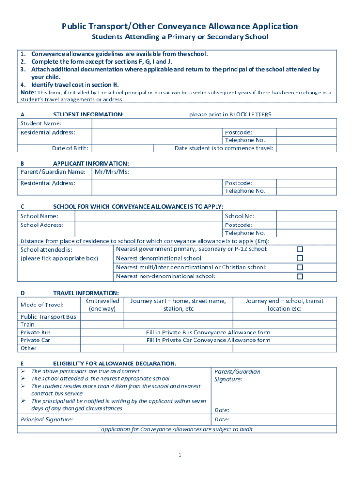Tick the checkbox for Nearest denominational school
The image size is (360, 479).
pyautogui.click(x=300, y=258)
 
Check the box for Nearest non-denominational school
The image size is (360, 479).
pyautogui.click(x=300, y=276)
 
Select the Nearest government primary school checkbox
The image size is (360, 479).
pyautogui.click(x=300, y=249)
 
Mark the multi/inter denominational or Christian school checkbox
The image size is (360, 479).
pyautogui.click(x=300, y=268)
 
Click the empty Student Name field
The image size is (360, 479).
pyautogui.click(x=214, y=123)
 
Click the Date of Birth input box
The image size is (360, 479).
pyautogui.click(x=122, y=148)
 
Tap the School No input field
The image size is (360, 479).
pyautogui.click(x=306, y=216)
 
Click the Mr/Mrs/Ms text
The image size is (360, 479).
pyautogui.click(x=111, y=172)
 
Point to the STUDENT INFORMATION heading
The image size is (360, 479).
pyautogui.click(x=88, y=115)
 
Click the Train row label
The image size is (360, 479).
pyautogui.click(x=28, y=324)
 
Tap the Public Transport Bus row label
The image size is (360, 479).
pyautogui.click(x=48, y=317)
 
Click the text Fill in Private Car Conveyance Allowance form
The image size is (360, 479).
pyautogui.click(x=208, y=340)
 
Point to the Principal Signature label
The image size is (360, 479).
pyautogui.click(x=47, y=420)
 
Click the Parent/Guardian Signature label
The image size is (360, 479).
pyautogui.click(x=237, y=376)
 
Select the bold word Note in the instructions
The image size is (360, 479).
pyautogui.click(x=28, y=93)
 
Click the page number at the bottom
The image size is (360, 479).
pyautogui.click(x=180, y=455)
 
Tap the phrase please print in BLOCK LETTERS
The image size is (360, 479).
pyautogui.click(x=230, y=115)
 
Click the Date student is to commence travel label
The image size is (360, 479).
pyautogui.click(x=224, y=148)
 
